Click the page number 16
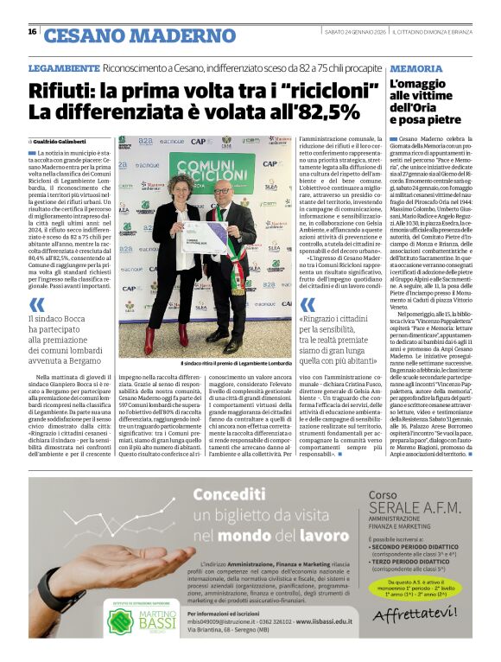tap(32, 32)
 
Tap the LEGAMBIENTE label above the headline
tap(63, 67)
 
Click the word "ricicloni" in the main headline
tap(308, 88)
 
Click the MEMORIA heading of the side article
tap(416, 67)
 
